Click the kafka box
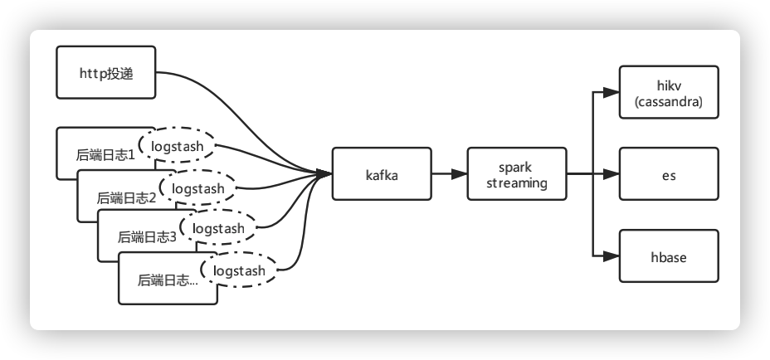tap(383, 174)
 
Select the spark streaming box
tap(517, 174)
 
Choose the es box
tap(668, 174)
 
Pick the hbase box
tap(668, 256)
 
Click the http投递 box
tap(105, 74)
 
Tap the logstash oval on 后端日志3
tap(217, 228)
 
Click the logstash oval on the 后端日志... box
tap(239, 270)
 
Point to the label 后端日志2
tap(127, 197)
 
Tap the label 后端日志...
tap(168, 280)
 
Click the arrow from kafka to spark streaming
tap(449, 174)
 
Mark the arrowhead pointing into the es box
tap(612, 174)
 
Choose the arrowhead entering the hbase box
tap(612, 256)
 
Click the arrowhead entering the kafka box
tap(325, 174)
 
